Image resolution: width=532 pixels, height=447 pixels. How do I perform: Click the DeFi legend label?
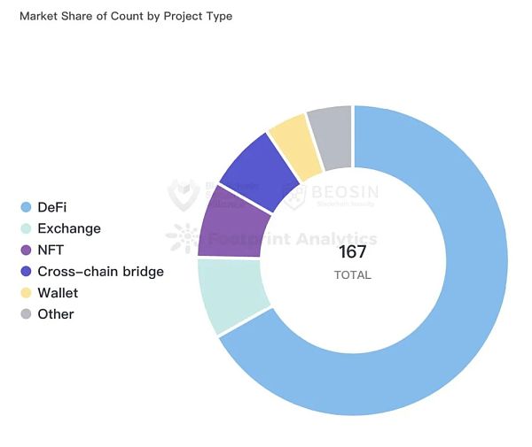[52, 207]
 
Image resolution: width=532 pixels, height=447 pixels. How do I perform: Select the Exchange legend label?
[69, 228]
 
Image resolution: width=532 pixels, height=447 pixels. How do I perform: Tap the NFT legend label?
[50, 250]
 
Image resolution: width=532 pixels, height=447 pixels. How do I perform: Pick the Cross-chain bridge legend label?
[100, 271]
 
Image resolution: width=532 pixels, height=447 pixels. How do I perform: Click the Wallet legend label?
[58, 292]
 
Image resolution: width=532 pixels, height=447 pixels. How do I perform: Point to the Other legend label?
[56, 313]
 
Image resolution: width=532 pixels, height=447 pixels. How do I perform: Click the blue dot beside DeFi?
[26, 207]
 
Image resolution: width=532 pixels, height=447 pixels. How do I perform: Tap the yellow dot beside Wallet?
[26, 292]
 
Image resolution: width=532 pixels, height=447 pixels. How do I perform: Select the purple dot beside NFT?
[26, 250]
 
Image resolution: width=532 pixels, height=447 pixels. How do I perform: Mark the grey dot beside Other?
[26, 313]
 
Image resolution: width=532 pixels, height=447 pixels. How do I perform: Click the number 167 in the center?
[352, 252]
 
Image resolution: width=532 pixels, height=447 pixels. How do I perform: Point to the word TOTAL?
[352, 275]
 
